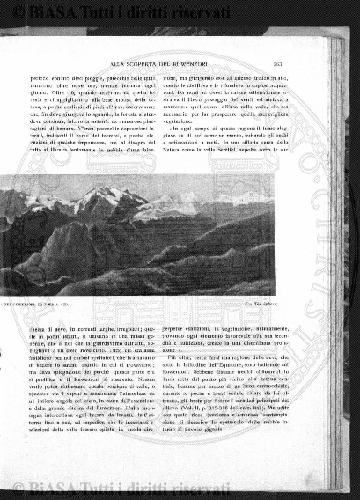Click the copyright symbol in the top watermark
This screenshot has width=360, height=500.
[x=11, y=12]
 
